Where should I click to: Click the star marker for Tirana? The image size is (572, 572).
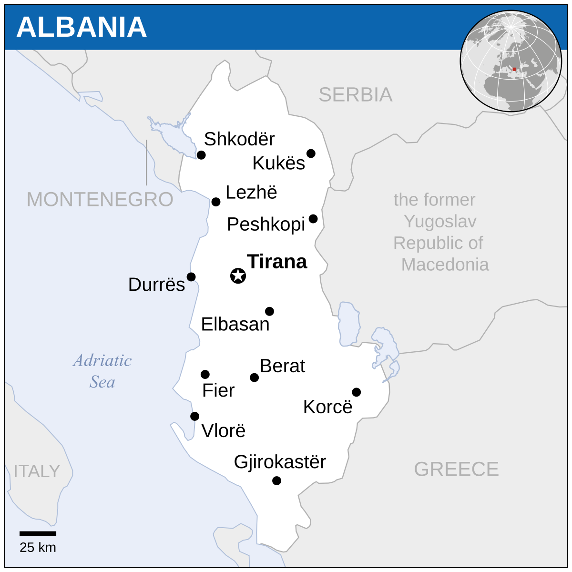click(238, 276)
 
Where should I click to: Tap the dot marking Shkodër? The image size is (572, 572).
click(201, 155)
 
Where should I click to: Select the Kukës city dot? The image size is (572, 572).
click(311, 153)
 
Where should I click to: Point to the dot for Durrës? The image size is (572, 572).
click(191, 277)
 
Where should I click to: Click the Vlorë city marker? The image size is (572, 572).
click(194, 416)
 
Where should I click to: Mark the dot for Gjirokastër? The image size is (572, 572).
click(276, 480)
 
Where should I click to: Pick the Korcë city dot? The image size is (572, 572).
click(356, 392)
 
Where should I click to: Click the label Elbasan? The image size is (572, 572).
click(235, 324)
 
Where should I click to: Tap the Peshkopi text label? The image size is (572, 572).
click(266, 224)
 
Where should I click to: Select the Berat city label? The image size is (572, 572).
click(282, 366)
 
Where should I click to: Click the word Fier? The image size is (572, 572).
click(218, 390)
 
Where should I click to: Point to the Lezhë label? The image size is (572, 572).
click(251, 193)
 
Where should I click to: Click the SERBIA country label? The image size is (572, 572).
click(355, 95)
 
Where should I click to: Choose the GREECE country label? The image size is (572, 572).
click(456, 470)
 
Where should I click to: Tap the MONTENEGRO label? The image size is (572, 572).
click(100, 199)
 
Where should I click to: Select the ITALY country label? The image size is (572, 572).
click(37, 471)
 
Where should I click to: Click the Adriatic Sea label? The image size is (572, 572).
click(102, 371)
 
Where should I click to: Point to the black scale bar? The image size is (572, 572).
click(38, 533)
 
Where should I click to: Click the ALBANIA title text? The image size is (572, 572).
click(82, 27)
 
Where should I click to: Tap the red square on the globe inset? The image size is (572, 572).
click(514, 69)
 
